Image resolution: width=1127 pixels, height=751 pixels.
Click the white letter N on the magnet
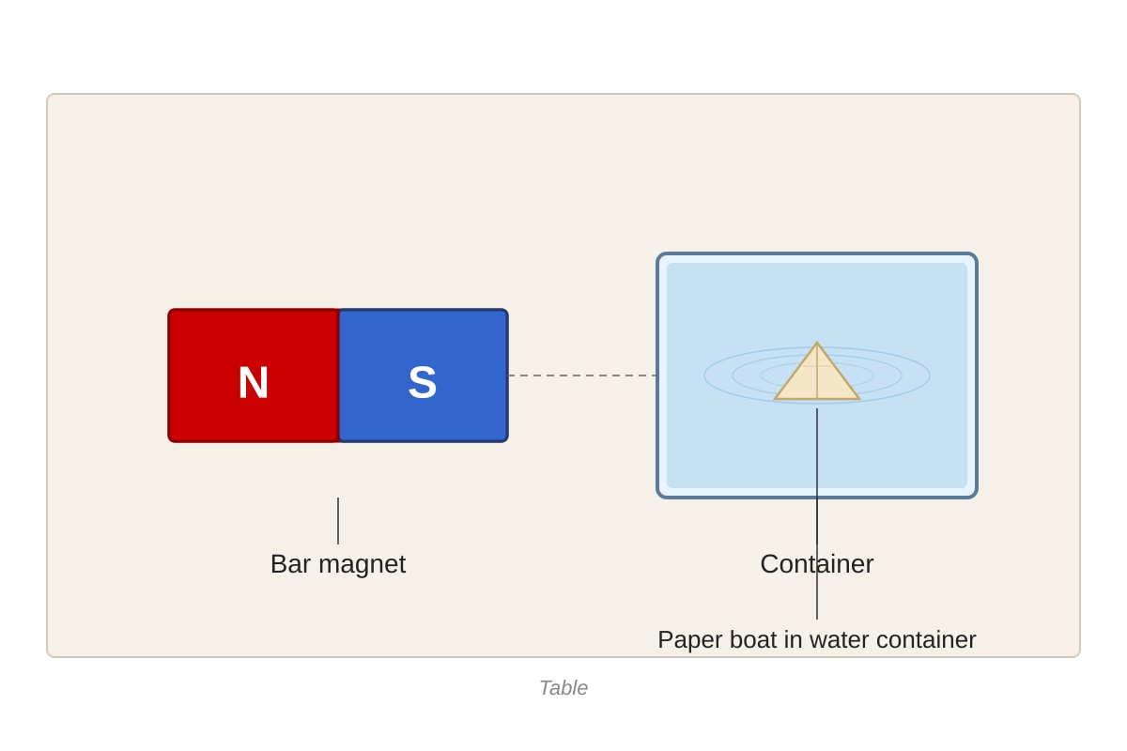coord(253,382)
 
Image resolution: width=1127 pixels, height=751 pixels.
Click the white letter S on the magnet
coord(422,382)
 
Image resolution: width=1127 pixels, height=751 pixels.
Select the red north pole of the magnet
coord(255,375)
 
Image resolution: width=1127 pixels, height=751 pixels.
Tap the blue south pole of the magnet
coord(424,375)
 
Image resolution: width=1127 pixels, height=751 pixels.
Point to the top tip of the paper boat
coord(816,343)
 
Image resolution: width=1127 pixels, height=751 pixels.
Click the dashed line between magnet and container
coord(582,375)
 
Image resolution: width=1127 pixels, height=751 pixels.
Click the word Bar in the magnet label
coord(291,564)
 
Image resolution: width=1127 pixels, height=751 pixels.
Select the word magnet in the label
coord(363,564)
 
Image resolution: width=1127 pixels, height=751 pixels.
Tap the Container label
coord(816,564)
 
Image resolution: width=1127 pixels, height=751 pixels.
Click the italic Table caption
coord(563,687)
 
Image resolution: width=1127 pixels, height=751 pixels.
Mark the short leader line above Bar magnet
coord(338,521)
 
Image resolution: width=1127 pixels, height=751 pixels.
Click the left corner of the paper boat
coord(775,399)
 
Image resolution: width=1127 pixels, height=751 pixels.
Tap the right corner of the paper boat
coord(859,399)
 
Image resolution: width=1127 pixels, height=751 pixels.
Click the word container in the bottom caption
coord(926,640)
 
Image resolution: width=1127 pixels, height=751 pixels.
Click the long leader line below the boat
coord(817,513)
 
